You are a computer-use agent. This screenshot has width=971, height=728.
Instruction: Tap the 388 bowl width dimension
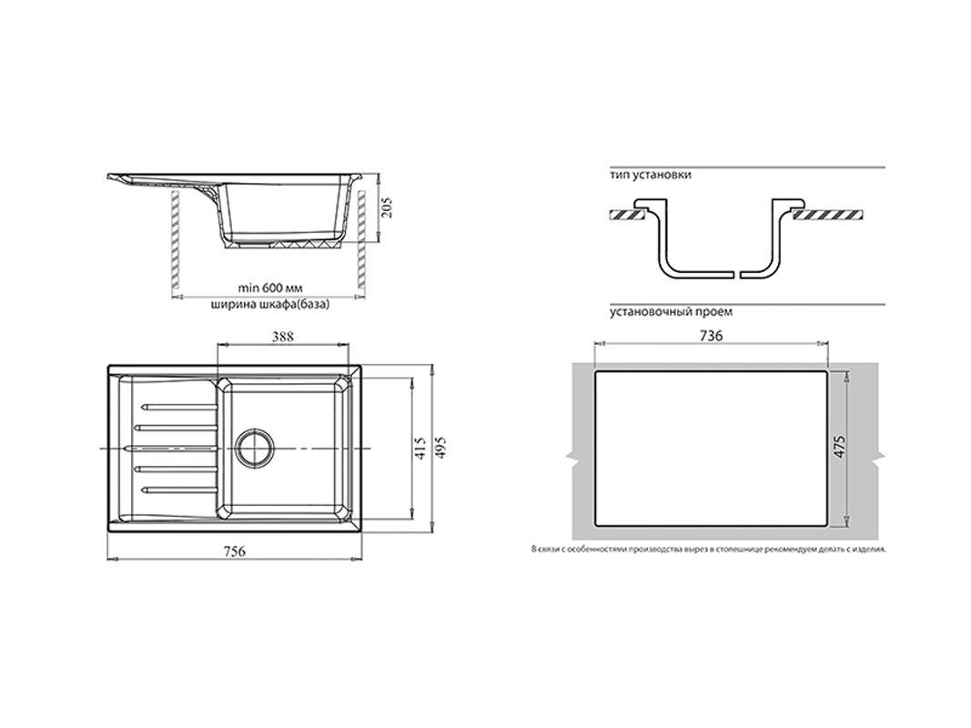click(x=282, y=337)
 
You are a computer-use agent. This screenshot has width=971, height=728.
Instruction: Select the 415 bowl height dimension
click(x=420, y=449)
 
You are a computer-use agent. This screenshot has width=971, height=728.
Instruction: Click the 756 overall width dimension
click(x=235, y=551)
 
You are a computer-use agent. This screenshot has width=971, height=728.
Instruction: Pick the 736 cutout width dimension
click(x=711, y=336)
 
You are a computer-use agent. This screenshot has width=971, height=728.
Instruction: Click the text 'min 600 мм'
click(x=270, y=288)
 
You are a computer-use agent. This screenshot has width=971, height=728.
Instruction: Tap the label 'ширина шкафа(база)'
click(x=270, y=305)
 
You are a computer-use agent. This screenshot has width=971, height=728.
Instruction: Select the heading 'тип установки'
click(x=651, y=176)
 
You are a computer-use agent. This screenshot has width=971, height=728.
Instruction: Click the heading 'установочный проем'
click(x=671, y=312)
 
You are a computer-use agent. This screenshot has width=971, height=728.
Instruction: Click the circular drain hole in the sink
click(x=253, y=446)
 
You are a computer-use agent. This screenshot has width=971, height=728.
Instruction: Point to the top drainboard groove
click(x=179, y=407)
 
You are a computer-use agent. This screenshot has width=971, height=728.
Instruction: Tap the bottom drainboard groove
click(x=179, y=490)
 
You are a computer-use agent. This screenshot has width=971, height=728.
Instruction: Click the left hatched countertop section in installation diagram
click(x=627, y=215)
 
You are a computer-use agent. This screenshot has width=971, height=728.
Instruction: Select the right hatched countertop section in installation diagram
click(x=828, y=215)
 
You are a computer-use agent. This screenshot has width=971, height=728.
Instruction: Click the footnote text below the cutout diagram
click(x=708, y=549)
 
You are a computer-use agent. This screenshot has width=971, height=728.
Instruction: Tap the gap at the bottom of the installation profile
click(x=736, y=274)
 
